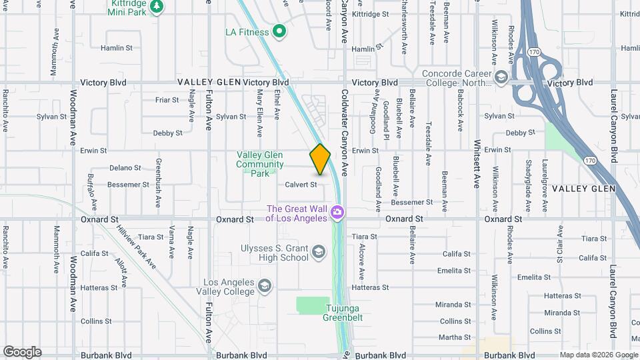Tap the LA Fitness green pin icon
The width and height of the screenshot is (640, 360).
tap(280, 31)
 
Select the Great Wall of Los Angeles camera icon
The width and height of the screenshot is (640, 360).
tap(337, 212)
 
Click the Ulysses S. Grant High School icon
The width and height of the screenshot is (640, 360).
tap(319, 251)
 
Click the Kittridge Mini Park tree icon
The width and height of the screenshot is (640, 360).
tap(157, 7)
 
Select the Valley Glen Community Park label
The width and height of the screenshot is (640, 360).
tap(260, 164)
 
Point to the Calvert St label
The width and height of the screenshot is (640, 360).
tap(301, 185)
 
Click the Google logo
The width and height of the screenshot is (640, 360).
tap(22, 351)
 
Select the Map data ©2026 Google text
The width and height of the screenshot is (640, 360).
tap(598, 355)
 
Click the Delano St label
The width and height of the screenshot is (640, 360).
tap(125, 168)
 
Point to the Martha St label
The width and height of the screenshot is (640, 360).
tap(455, 337)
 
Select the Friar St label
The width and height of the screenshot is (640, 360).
tap(167, 100)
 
